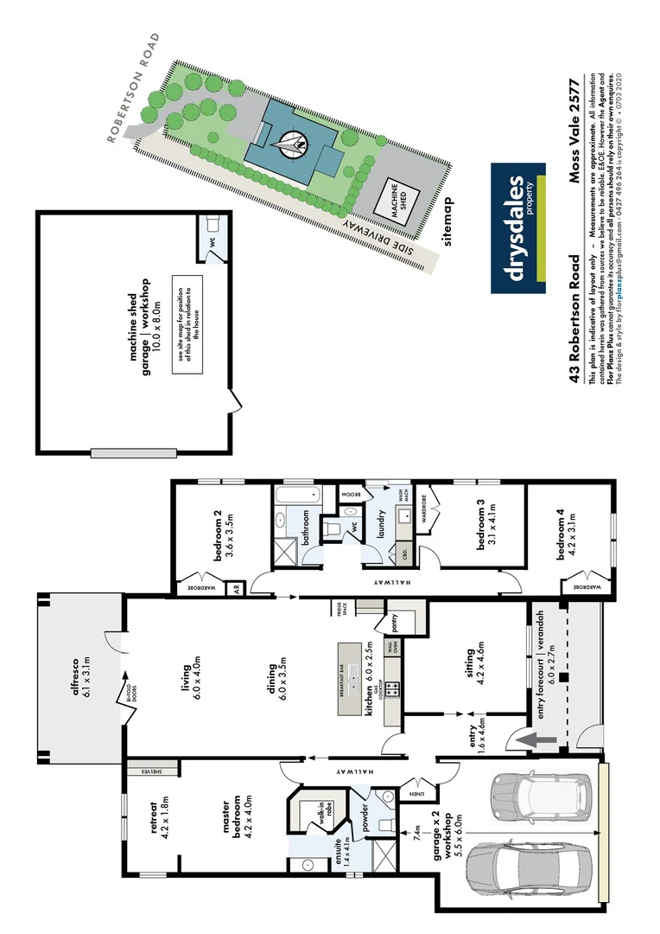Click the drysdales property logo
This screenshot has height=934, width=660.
tap(518, 227)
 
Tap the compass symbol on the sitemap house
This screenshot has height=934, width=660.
tap(292, 142)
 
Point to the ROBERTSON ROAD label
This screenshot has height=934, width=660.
tap(134, 86)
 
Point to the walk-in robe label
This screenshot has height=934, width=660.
tap(320, 814)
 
